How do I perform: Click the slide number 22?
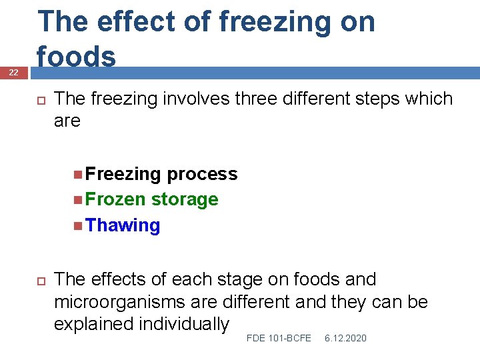pos(13,72)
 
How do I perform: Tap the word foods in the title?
pos(77,56)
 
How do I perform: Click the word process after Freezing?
pos(202,174)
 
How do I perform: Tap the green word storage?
pos(185,200)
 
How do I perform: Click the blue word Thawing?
pos(123,225)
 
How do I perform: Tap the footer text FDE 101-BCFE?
pos(279,339)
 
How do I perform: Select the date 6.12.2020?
pos(345,339)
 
